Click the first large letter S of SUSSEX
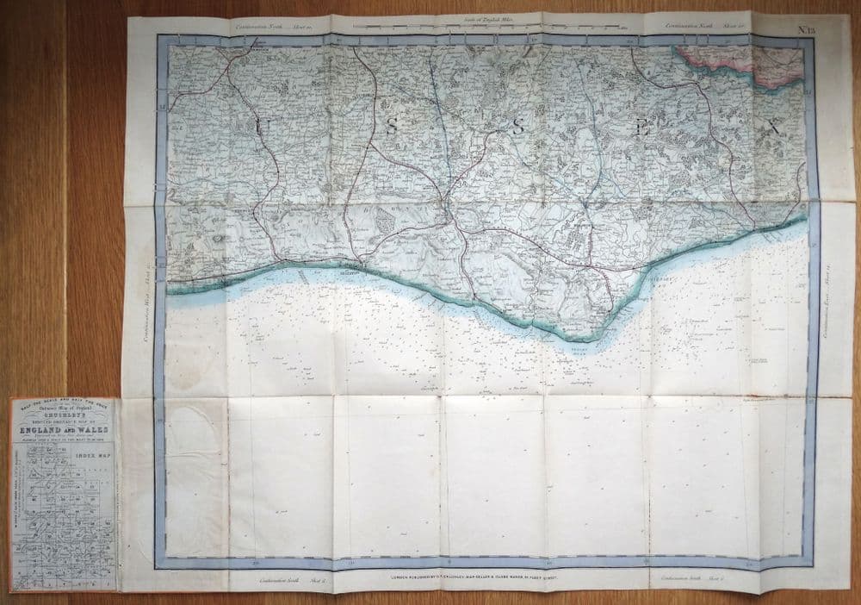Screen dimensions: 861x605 [x=392, y=127]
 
